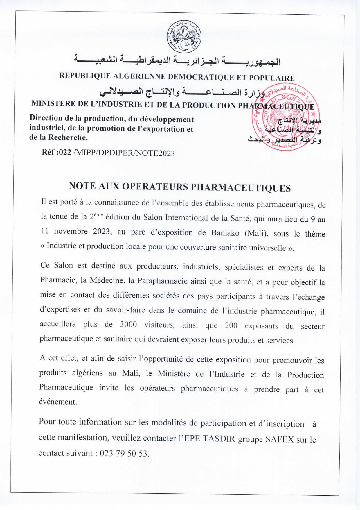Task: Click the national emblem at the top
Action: pyautogui.click(x=184, y=37)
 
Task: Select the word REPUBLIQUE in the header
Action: pyautogui.click(x=85, y=76)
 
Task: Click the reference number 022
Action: pyautogui.click(x=65, y=153)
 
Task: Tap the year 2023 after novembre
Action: pyautogui.click(x=102, y=232)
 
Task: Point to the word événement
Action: pyautogui.click(x=58, y=402)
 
